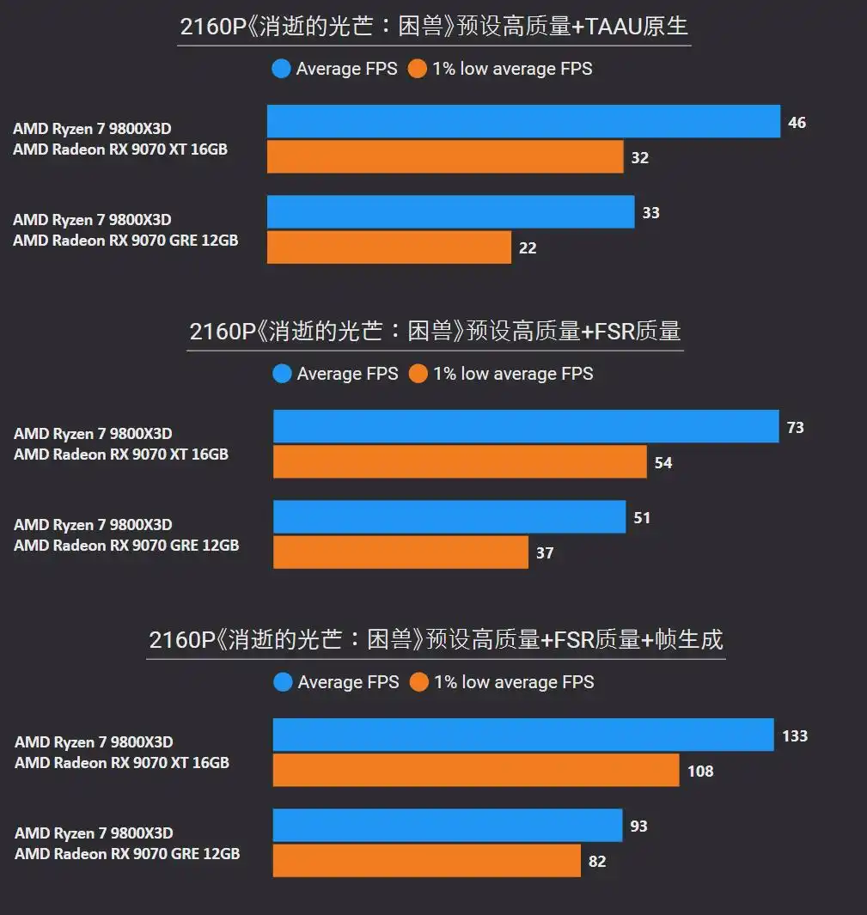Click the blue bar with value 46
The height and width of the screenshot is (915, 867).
(523, 121)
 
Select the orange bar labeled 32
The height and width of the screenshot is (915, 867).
(445, 157)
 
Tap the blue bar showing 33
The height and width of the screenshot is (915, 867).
(450, 211)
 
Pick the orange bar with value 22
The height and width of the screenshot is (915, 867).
(389, 247)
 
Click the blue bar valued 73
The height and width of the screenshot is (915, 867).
(526, 426)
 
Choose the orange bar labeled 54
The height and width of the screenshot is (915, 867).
(460, 461)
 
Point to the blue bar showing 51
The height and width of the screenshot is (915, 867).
(449, 517)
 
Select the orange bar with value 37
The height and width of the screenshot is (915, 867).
(400, 552)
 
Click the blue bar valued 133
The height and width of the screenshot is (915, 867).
(523, 735)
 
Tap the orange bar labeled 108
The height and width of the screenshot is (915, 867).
(476, 771)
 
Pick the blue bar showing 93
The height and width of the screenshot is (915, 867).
(448, 825)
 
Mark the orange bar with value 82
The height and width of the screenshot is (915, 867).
(427, 861)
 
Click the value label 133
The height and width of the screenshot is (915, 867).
(795, 736)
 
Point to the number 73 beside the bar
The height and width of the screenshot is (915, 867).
(795, 427)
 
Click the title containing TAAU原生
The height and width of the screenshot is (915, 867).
(434, 27)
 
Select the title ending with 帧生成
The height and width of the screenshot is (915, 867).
(436, 639)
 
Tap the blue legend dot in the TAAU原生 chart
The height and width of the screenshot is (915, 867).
(281, 69)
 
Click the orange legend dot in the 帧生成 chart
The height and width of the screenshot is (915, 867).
(419, 682)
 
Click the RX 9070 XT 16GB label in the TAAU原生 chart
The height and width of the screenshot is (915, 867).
(120, 149)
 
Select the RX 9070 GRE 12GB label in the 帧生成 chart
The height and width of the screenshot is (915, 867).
(127, 853)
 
